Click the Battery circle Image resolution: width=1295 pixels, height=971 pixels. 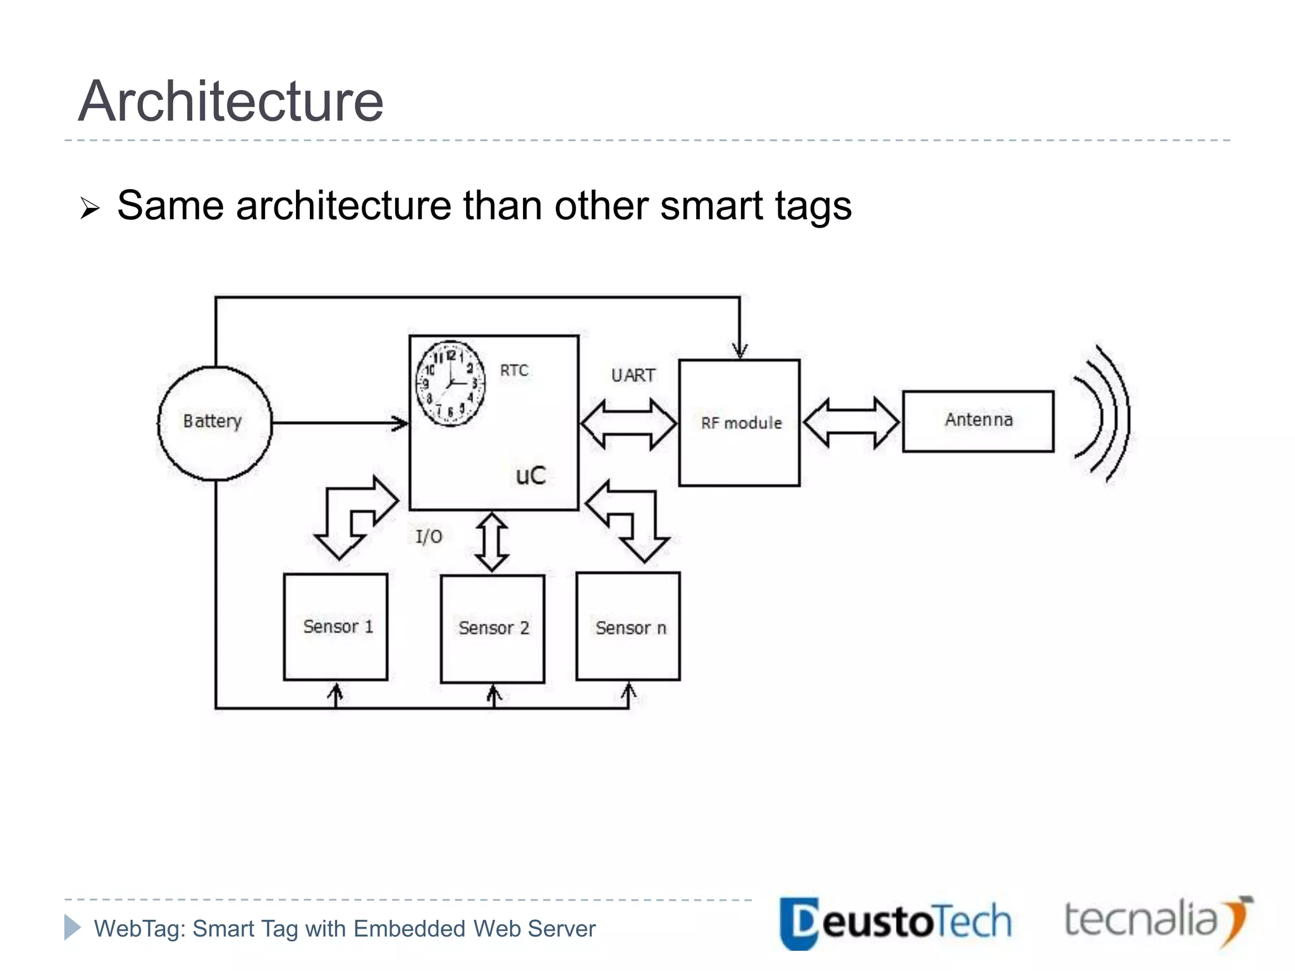coord(214,423)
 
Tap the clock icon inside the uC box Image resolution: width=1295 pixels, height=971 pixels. coord(450,383)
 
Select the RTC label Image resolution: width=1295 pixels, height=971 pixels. coord(514,370)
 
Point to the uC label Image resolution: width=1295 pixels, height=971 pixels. coord(531,475)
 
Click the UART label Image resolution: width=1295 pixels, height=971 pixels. coord(633,376)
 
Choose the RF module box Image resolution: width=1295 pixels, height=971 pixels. coord(739,423)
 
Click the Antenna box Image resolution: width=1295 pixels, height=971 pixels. coord(978,421)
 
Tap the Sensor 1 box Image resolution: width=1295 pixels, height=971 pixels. coord(336,626)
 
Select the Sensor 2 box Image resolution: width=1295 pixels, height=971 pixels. coord(493,628)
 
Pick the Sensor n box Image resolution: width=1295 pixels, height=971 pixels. coord(629,626)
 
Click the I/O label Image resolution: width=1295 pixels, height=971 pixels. coord(429,537)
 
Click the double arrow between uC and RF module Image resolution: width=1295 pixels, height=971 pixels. coord(629,424)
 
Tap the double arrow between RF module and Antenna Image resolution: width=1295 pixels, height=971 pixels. coord(851,422)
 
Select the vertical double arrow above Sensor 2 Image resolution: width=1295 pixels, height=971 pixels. coord(492,542)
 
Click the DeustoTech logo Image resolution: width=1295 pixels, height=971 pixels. coord(895,922)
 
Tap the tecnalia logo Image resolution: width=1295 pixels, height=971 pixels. coord(1157,920)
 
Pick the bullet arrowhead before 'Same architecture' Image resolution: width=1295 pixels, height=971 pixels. coord(90,208)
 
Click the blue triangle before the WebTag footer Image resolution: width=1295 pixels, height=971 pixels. coord(72,927)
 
